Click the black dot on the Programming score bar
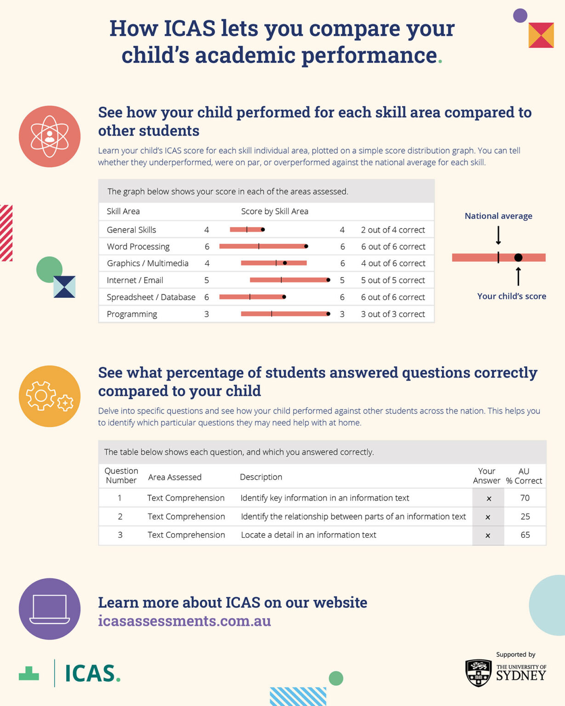(328, 314)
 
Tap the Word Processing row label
(138, 247)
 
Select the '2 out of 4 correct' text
(393, 230)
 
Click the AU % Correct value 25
(525, 517)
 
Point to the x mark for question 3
(488, 535)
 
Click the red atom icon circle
(50, 137)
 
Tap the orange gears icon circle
(50, 396)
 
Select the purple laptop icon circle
(50, 609)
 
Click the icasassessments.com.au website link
(184, 621)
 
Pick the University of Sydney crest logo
(478, 672)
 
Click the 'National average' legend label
(498, 216)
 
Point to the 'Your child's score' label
(511, 296)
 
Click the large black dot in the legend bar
(518, 257)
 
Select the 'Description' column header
(261, 477)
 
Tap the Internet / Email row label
(135, 280)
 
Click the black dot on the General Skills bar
(263, 229)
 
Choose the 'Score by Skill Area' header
(274, 211)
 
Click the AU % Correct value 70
(525, 498)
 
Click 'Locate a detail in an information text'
(308, 535)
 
